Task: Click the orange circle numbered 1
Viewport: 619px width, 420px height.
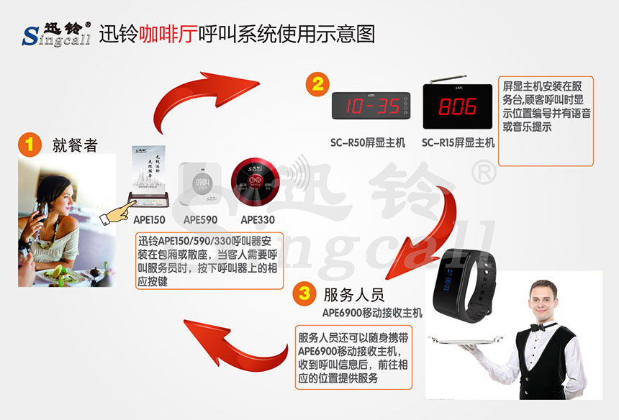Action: tap(30, 143)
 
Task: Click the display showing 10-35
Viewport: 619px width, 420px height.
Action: tap(370, 107)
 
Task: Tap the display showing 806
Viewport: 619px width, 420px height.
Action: tap(458, 106)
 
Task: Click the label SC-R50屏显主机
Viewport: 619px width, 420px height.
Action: tap(369, 143)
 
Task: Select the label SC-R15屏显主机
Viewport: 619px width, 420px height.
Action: tap(458, 143)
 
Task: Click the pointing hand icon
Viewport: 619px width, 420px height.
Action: tap(119, 214)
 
